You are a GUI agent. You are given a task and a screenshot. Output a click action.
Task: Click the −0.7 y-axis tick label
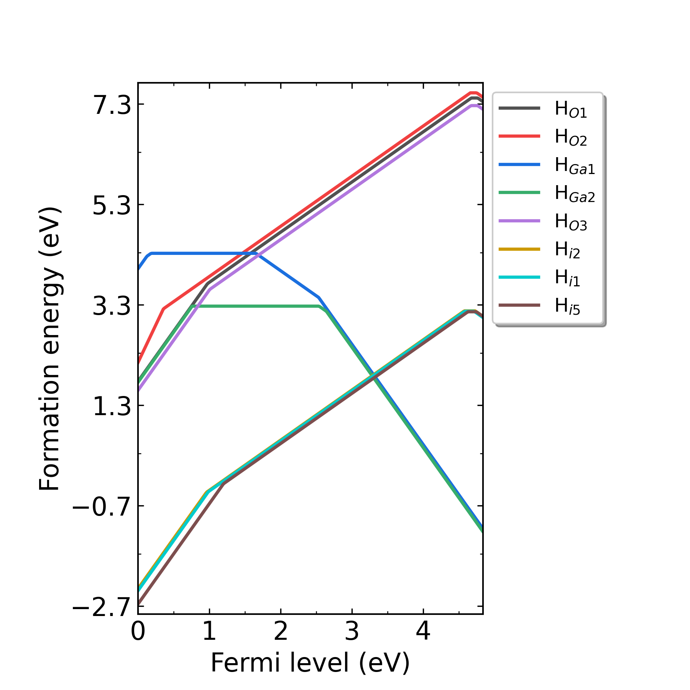click(102, 506)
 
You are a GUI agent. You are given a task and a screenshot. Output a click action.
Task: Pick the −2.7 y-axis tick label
click(102, 607)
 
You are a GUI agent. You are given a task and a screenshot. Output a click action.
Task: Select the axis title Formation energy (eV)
click(50, 348)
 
